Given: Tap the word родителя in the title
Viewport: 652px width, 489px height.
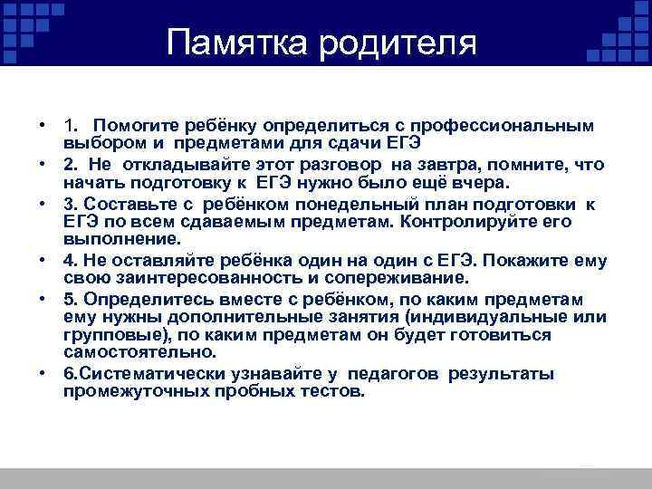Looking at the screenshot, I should click(396, 42).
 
